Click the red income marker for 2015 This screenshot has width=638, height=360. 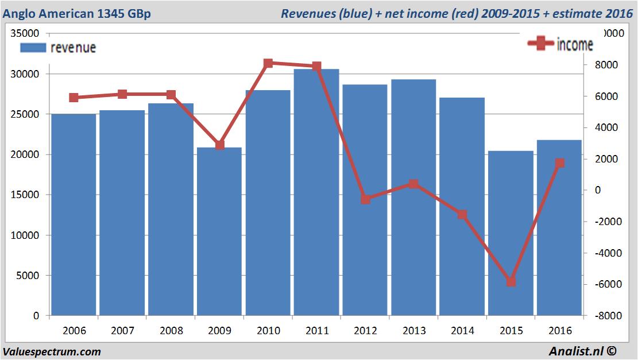click(x=511, y=282)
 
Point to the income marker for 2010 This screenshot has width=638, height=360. click(x=268, y=63)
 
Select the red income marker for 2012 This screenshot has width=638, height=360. click(x=365, y=199)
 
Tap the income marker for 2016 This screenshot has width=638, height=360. click(x=560, y=163)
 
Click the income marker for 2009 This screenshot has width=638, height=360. click(x=220, y=145)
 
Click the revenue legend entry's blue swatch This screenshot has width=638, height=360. click(x=33, y=48)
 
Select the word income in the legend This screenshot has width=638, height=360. click(x=575, y=45)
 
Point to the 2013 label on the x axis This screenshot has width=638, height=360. click(x=414, y=331)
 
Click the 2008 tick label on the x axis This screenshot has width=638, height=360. click(x=171, y=331)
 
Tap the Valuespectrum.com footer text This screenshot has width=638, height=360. click(x=52, y=351)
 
